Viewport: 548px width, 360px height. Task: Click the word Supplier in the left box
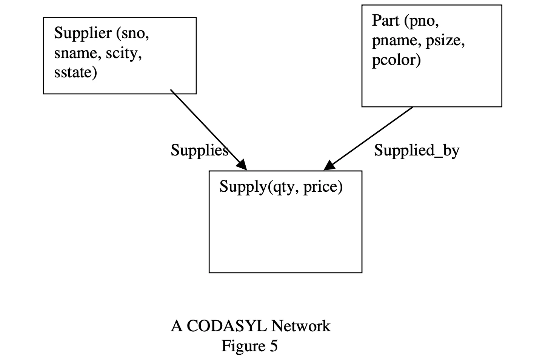[83, 34]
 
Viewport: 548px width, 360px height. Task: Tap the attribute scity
[123, 53]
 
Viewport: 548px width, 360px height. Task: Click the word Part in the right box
[385, 21]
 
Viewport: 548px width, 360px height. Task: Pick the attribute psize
[445, 40]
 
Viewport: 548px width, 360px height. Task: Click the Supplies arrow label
[199, 151]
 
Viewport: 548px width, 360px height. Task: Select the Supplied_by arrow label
[417, 151]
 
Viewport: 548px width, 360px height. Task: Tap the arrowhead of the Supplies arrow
[242, 165]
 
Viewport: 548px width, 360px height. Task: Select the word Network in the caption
[300, 326]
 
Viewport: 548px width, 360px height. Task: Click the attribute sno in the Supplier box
[135, 34]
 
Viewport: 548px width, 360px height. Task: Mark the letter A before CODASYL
[176, 326]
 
